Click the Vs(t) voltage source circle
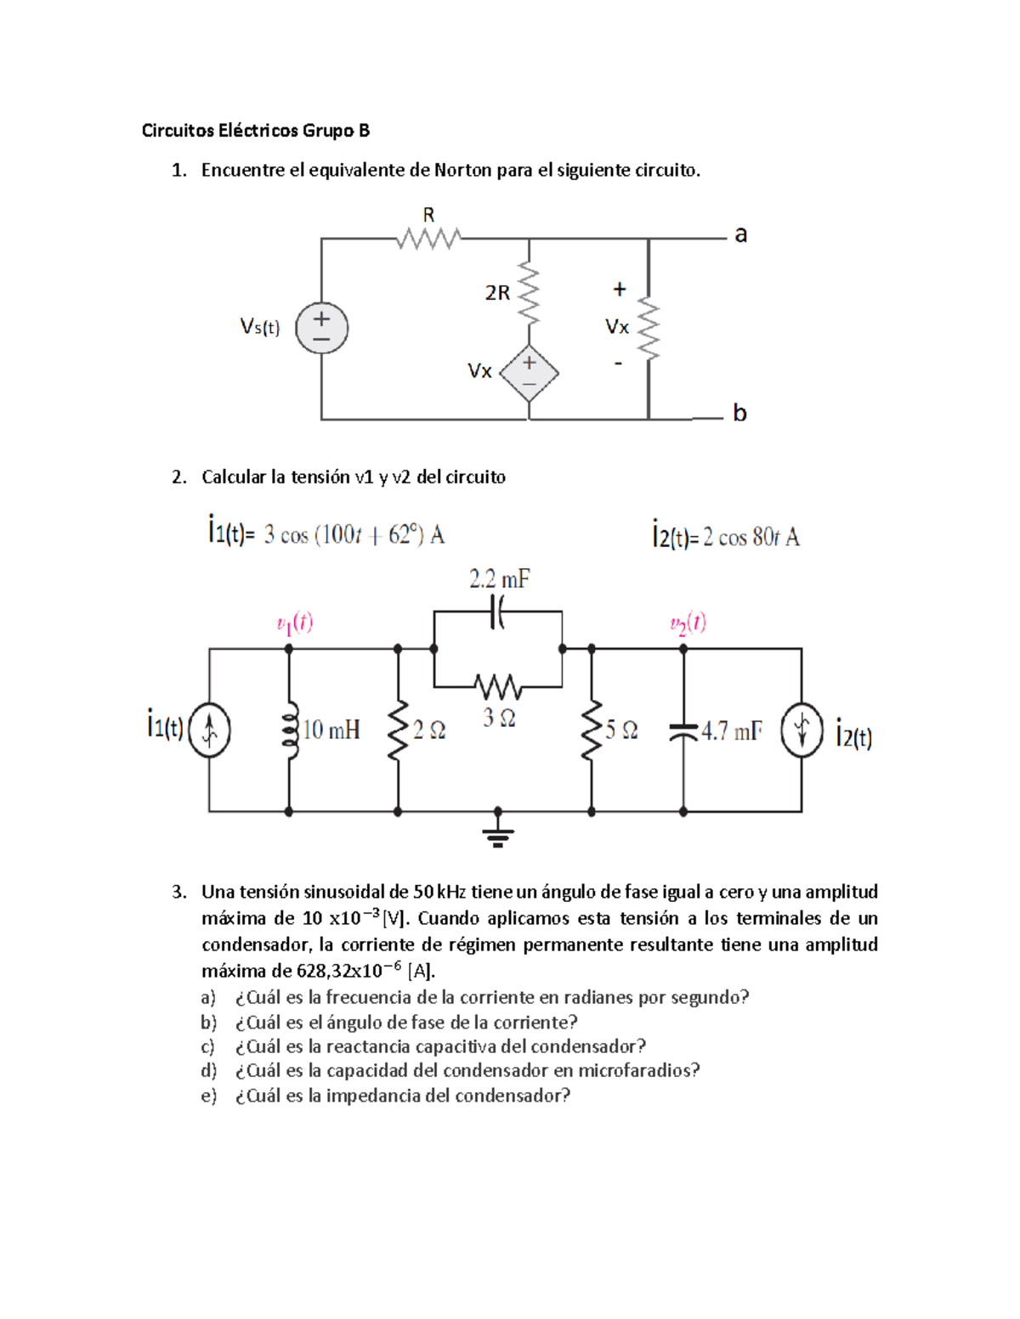tap(321, 328)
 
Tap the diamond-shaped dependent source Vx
tap(529, 373)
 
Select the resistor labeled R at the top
tap(428, 239)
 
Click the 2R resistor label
tap(497, 293)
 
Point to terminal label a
tap(740, 234)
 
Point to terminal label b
tap(739, 413)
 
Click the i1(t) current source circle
tap(209, 730)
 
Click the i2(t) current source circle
tap(802, 730)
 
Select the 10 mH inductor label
tap(331, 730)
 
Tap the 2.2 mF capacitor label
tap(499, 580)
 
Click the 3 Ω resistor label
tap(499, 719)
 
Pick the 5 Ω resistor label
tap(621, 730)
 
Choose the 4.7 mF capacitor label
tap(732, 731)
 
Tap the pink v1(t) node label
tap(295, 623)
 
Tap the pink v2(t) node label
tap(688, 623)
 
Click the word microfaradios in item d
tap(638, 1070)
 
